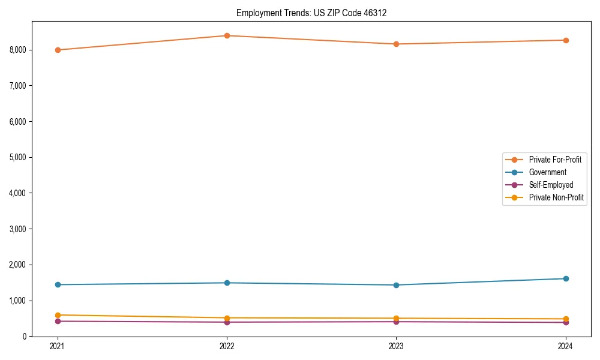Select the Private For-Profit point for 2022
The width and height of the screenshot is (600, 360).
tap(227, 35)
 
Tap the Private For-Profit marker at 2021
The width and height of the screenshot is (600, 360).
tap(58, 50)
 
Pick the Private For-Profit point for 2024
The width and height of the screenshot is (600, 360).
tap(566, 40)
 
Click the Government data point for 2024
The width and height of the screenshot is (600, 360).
tap(566, 278)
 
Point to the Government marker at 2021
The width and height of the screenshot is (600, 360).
tap(58, 284)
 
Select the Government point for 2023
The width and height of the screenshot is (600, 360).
tap(396, 285)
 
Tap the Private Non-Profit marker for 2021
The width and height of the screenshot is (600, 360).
tap(58, 315)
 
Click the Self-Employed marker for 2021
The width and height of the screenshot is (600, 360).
tap(58, 321)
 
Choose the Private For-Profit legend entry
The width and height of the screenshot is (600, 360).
tap(554, 160)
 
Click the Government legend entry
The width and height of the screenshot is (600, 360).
tap(547, 172)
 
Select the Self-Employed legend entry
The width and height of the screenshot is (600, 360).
tap(551, 185)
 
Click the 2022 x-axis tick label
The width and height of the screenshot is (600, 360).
tap(227, 346)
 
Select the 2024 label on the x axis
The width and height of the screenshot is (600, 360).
tap(566, 346)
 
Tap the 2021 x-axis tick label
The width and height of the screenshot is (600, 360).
tap(58, 346)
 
